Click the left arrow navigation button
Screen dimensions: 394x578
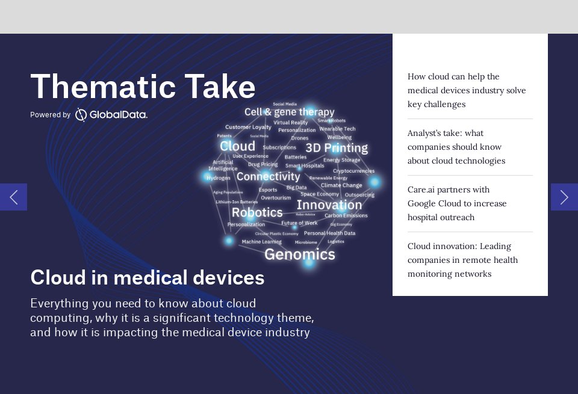[x=13, y=197]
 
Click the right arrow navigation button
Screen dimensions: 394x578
[x=564, y=197]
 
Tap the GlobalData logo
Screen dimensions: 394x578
[x=111, y=115]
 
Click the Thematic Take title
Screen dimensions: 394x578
[x=143, y=87]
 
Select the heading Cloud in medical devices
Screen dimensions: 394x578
[x=147, y=277]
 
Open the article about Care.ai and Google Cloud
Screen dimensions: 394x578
[x=457, y=203]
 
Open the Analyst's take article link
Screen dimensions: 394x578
[x=456, y=147]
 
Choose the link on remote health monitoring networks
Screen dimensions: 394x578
[x=462, y=260]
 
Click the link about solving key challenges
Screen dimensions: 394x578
[x=467, y=90]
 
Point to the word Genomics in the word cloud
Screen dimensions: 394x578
[x=299, y=254]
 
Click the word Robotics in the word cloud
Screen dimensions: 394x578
[x=257, y=212]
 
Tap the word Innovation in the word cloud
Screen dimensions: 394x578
[x=329, y=205]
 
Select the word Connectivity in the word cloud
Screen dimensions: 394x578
[x=268, y=176]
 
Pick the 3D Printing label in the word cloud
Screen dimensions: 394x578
[x=336, y=148]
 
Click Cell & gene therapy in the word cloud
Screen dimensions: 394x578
[x=289, y=112]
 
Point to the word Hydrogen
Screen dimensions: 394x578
[x=218, y=178]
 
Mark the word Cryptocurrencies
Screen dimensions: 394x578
[x=353, y=171]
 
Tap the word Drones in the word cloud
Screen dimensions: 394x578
[x=299, y=138]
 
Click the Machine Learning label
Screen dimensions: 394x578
[x=261, y=242]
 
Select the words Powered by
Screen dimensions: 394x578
[x=50, y=115]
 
